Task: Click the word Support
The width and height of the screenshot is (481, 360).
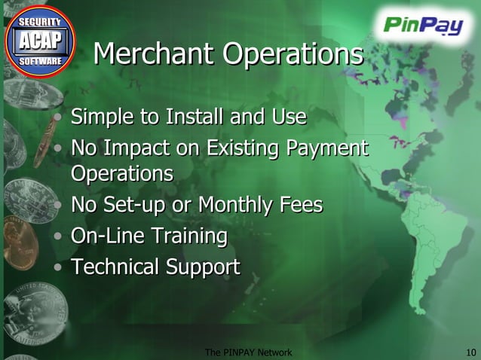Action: pos(205,267)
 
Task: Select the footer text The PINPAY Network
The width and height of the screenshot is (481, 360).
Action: pos(248,352)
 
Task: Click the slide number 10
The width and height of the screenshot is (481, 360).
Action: pos(472,352)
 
